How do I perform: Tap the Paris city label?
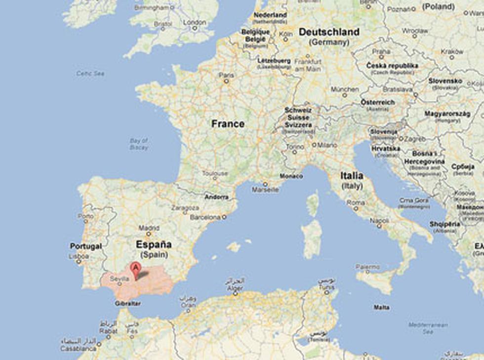point(226,76)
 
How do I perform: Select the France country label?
point(228,123)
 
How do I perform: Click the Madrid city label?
point(149,228)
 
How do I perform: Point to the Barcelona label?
point(205,217)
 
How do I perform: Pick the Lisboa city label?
point(80,257)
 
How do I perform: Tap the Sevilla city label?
point(120,279)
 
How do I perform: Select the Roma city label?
point(356,202)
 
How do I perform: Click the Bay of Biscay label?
point(139,144)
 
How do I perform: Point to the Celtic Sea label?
point(90,73)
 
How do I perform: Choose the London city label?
point(195,22)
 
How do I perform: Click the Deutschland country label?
point(329,32)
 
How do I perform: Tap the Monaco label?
point(291,176)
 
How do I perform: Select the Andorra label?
point(217,197)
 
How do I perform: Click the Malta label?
point(381,307)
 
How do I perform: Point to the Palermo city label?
point(368,267)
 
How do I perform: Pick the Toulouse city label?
point(215,174)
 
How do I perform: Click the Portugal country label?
point(85,246)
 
